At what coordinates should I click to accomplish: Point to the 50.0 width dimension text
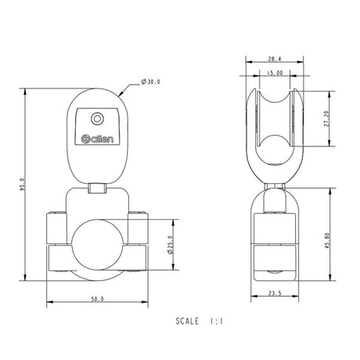(x=97, y=299)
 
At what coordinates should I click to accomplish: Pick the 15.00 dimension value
(x=273, y=73)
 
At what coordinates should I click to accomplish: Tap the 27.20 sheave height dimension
(x=326, y=118)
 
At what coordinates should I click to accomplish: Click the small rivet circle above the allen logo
(x=96, y=118)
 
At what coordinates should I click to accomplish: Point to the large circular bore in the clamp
(x=97, y=249)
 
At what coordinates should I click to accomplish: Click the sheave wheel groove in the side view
(x=273, y=117)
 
